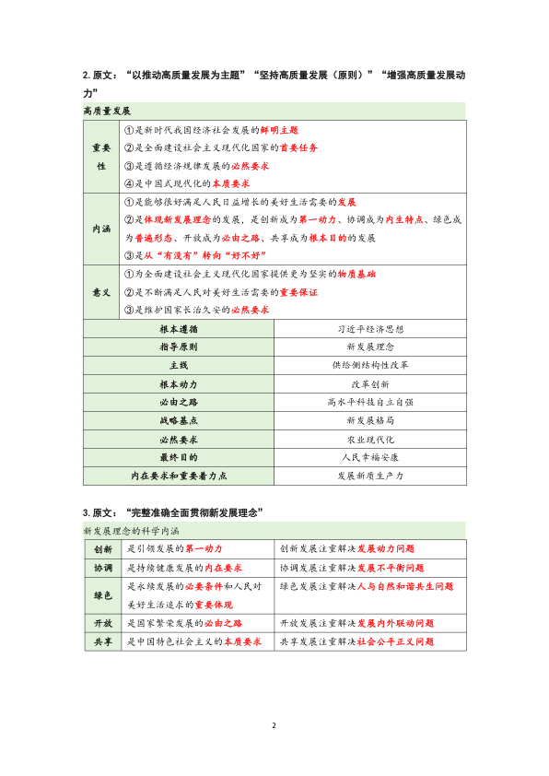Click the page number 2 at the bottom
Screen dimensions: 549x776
[274, 724]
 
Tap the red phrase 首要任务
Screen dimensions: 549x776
[297, 147]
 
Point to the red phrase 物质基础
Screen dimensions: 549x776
[356, 275]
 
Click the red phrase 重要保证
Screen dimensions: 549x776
[299, 292]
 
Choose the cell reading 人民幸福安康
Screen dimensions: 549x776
[372, 457]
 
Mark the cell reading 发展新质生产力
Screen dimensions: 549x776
[372, 476]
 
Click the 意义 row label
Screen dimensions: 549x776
[101, 292]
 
